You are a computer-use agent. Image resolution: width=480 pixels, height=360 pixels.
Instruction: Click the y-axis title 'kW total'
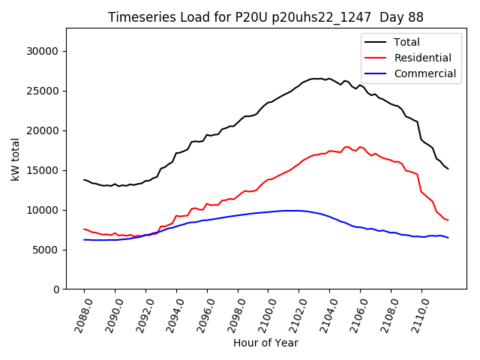[x=15, y=159]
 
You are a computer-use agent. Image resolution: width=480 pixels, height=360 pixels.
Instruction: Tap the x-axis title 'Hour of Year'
[x=265, y=343]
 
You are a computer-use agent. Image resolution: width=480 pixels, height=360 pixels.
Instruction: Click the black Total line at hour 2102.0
[x=299, y=84]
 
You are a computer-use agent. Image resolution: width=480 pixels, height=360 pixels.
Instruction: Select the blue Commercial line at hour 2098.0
[x=238, y=215]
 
